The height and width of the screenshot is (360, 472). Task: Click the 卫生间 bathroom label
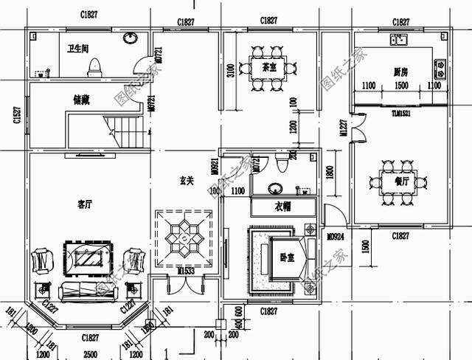(78, 49)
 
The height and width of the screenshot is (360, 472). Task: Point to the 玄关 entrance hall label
(186, 179)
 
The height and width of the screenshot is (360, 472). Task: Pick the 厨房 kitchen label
(401, 71)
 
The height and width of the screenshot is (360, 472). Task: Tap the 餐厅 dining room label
(401, 179)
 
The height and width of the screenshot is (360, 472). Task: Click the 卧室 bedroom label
(287, 258)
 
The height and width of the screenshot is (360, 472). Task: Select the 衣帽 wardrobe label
(282, 207)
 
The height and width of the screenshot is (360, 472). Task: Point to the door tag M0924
(336, 236)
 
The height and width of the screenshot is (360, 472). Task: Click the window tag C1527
(15, 116)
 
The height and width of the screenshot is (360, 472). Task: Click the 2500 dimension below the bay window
(89, 354)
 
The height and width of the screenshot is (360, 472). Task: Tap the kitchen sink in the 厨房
(399, 39)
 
